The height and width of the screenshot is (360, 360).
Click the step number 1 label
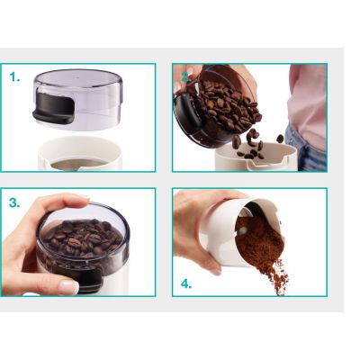14,77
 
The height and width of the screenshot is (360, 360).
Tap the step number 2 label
185,77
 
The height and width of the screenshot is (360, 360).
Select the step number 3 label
14,203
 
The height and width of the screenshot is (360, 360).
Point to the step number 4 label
186,283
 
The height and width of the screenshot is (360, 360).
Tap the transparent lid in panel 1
79,99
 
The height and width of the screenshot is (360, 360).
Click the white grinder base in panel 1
80,154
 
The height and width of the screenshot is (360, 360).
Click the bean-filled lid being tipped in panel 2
217,105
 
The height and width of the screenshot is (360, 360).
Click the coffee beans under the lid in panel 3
81,238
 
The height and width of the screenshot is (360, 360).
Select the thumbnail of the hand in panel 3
69,287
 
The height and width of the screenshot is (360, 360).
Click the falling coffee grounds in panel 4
277,277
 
